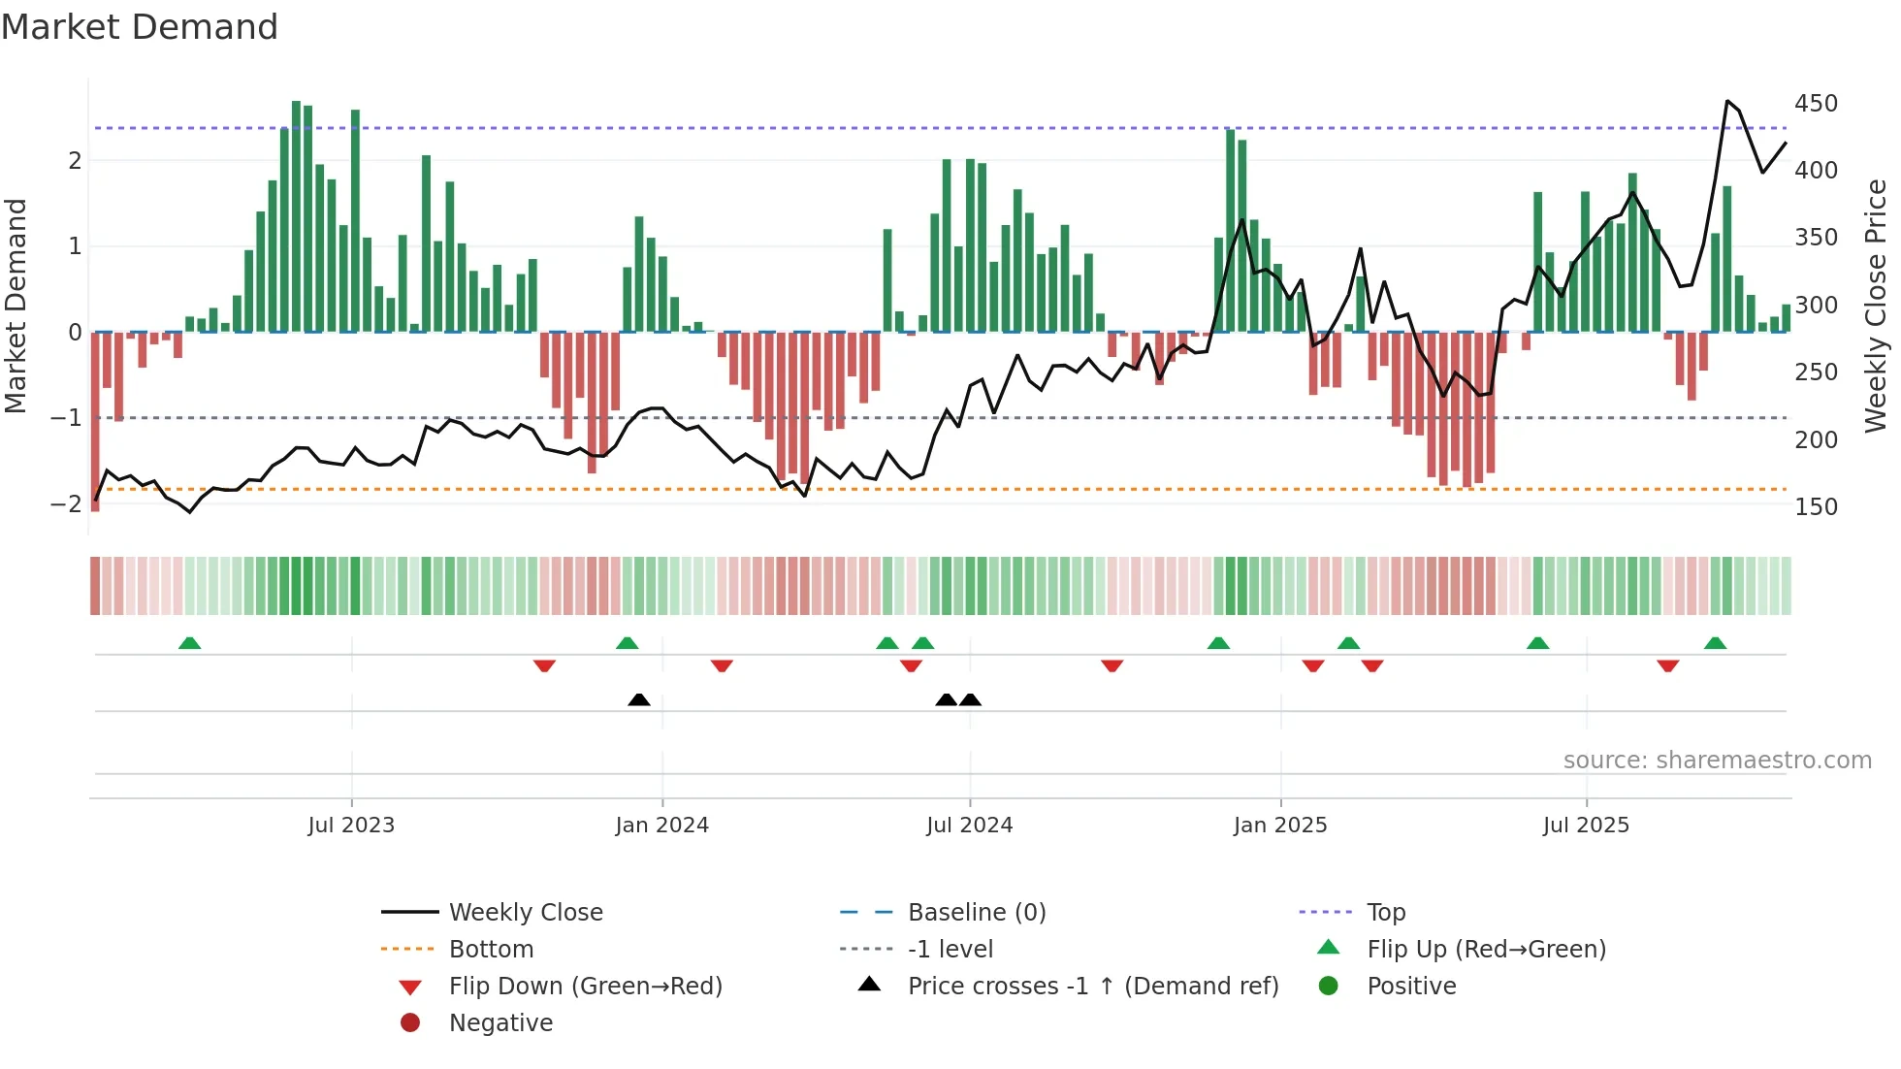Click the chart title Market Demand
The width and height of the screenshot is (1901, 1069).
pyautogui.click(x=140, y=27)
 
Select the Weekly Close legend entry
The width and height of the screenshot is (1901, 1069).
pyautogui.click(x=525, y=913)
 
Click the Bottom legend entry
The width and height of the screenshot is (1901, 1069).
pyautogui.click(x=491, y=950)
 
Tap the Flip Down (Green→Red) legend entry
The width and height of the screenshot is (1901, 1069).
pyautogui.click(x=585, y=987)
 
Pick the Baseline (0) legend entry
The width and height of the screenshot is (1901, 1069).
pyautogui.click(x=976, y=913)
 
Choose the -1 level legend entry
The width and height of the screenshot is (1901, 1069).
pyautogui.click(x=950, y=950)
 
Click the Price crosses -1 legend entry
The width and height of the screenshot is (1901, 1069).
pyautogui.click(x=1092, y=987)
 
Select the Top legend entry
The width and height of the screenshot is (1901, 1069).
pyautogui.click(x=1385, y=913)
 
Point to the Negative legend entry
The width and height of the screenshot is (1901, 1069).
pyautogui.click(x=500, y=1023)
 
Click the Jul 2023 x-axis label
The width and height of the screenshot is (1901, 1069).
pyautogui.click(x=351, y=826)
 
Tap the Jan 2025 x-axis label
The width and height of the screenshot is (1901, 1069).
pyautogui.click(x=1279, y=826)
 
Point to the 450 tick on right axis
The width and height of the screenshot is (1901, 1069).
pyautogui.click(x=1816, y=104)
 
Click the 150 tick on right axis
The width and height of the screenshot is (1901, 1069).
pyautogui.click(x=1816, y=507)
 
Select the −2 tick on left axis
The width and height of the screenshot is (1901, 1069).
pyautogui.click(x=66, y=504)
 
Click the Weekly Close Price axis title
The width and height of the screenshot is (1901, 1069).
pyautogui.click(x=1876, y=306)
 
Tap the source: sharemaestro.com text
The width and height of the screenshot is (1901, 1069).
pyautogui.click(x=1717, y=761)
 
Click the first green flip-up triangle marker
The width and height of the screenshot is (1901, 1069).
pyautogui.click(x=190, y=643)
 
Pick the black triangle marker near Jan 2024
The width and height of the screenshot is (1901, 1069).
pyautogui.click(x=639, y=699)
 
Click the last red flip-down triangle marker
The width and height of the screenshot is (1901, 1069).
pyautogui.click(x=1667, y=665)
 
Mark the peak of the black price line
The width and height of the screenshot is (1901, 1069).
pyautogui.click(x=1727, y=101)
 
